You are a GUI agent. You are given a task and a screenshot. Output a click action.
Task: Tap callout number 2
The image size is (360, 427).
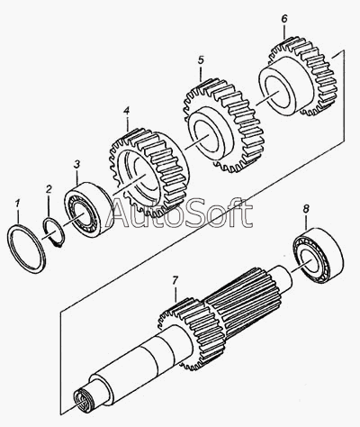49,189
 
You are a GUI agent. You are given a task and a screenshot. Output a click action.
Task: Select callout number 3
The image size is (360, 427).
76,164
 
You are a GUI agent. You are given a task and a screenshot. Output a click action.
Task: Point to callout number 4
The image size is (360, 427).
126,111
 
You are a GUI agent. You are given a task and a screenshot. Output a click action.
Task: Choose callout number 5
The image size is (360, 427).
201,60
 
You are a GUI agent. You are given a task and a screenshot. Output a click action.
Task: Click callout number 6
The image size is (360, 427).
284,19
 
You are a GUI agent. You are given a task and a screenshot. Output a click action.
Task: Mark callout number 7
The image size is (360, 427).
175,280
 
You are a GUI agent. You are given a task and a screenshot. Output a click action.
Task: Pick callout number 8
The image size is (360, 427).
306,209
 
